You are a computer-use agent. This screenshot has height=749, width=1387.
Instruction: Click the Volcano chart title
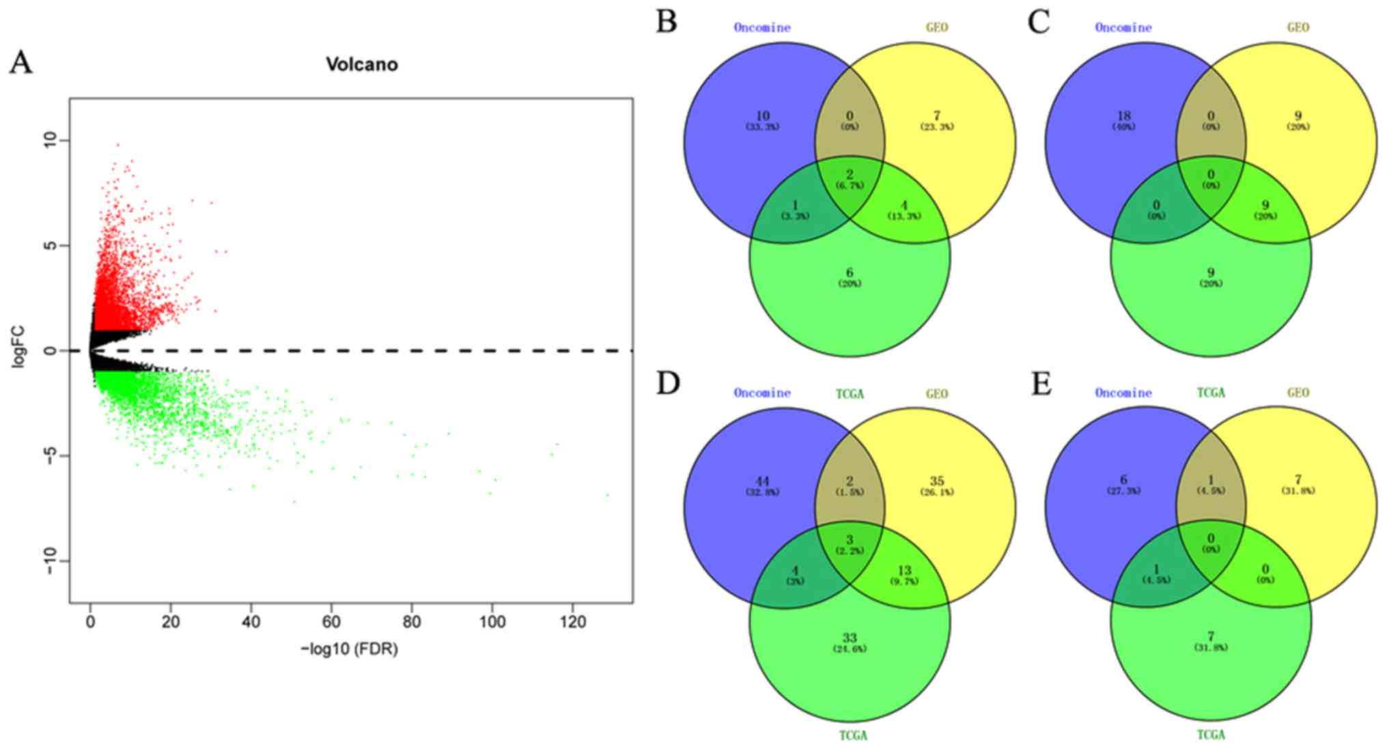tap(361, 65)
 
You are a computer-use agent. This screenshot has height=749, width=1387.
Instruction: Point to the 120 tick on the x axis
tap(572, 622)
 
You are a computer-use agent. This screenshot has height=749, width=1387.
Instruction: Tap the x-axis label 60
tap(331, 622)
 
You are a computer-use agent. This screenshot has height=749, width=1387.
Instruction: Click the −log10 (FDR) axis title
tap(349, 649)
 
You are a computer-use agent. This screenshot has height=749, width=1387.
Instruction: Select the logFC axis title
tap(18, 350)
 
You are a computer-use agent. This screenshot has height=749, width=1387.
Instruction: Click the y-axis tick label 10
tap(48, 141)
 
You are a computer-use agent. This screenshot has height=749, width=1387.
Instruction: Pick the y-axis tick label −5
tap(48, 456)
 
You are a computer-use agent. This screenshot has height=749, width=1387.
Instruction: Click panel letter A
tap(20, 63)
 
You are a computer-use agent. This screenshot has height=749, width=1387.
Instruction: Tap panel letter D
tap(667, 384)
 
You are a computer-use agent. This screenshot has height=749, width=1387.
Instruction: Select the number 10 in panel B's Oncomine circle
tap(762, 116)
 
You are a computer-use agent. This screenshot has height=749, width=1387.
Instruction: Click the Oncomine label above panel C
tap(1123, 28)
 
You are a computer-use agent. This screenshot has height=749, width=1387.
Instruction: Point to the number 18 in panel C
tap(1123, 116)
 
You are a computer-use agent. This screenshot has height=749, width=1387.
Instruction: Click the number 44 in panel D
tap(762, 481)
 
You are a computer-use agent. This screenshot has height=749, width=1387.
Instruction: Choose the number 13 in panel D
tap(904, 571)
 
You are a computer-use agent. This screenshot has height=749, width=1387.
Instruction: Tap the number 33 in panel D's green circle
tap(850, 638)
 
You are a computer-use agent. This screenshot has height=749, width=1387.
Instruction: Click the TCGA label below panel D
tap(852, 735)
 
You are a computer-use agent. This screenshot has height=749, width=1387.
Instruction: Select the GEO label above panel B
tap(937, 28)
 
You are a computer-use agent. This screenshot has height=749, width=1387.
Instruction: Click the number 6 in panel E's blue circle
tap(1123, 480)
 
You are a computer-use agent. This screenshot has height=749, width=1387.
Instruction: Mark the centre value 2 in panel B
tap(850, 175)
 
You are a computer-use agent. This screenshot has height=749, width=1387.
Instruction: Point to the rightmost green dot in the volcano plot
tap(607, 495)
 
